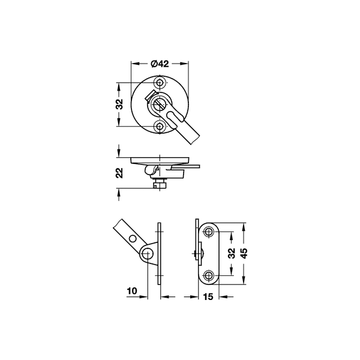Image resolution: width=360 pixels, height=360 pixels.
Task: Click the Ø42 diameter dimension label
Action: (160, 64)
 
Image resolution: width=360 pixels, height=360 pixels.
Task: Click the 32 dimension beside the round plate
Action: (119, 104)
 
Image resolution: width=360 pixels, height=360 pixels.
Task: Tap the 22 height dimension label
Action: (119, 173)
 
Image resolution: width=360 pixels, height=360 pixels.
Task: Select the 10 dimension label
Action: (132, 291)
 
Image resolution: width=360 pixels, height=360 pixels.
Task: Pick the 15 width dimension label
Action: (208, 296)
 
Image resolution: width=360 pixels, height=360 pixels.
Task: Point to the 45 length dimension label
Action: (244, 253)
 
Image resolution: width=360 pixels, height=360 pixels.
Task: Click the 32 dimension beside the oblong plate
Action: (232, 253)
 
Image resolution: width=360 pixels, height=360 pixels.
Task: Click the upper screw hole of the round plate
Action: (160, 82)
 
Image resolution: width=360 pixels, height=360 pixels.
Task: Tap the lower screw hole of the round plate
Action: (160, 126)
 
